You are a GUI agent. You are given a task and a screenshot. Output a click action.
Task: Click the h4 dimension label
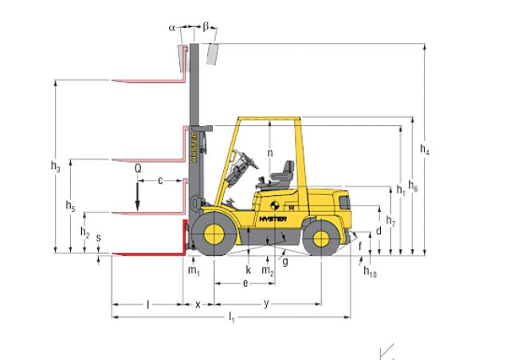[425, 150]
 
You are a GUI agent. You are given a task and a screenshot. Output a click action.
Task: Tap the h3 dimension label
[55, 166]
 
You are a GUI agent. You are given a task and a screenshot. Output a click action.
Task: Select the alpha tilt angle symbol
[172, 28]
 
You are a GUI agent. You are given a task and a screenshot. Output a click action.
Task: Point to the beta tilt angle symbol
[206, 26]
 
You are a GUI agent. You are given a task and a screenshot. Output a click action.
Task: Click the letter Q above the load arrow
[138, 169]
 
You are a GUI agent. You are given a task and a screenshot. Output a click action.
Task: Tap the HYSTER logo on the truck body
[273, 219]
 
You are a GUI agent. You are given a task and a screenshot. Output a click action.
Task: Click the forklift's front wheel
[214, 233]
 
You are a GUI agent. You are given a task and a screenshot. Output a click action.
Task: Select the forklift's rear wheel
[321, 237]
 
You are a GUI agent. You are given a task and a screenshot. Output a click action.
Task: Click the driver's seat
[281, 175]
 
